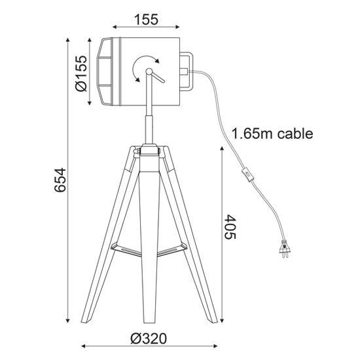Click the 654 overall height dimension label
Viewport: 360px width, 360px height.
pyautogui.click(x=60, y=180)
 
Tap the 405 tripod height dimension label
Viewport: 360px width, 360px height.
pyautogui.click(x=230, y=227)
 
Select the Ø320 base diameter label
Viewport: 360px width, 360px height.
pyautogui.click(x=149, y=339)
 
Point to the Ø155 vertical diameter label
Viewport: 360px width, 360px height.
pyautogui.click(x=82, y=73)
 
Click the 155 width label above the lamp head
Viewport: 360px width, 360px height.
pyautogui.click(x=146, y=20)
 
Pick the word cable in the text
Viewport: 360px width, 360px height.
pyautogui.click(x=295, y=134)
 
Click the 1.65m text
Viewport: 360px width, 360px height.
pyautogui.click(x=252, y=134)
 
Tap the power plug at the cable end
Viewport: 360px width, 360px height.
pyautogui.click(x=285, y=249)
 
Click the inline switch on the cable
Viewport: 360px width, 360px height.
pyautogui.click(x=248, y=175)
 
